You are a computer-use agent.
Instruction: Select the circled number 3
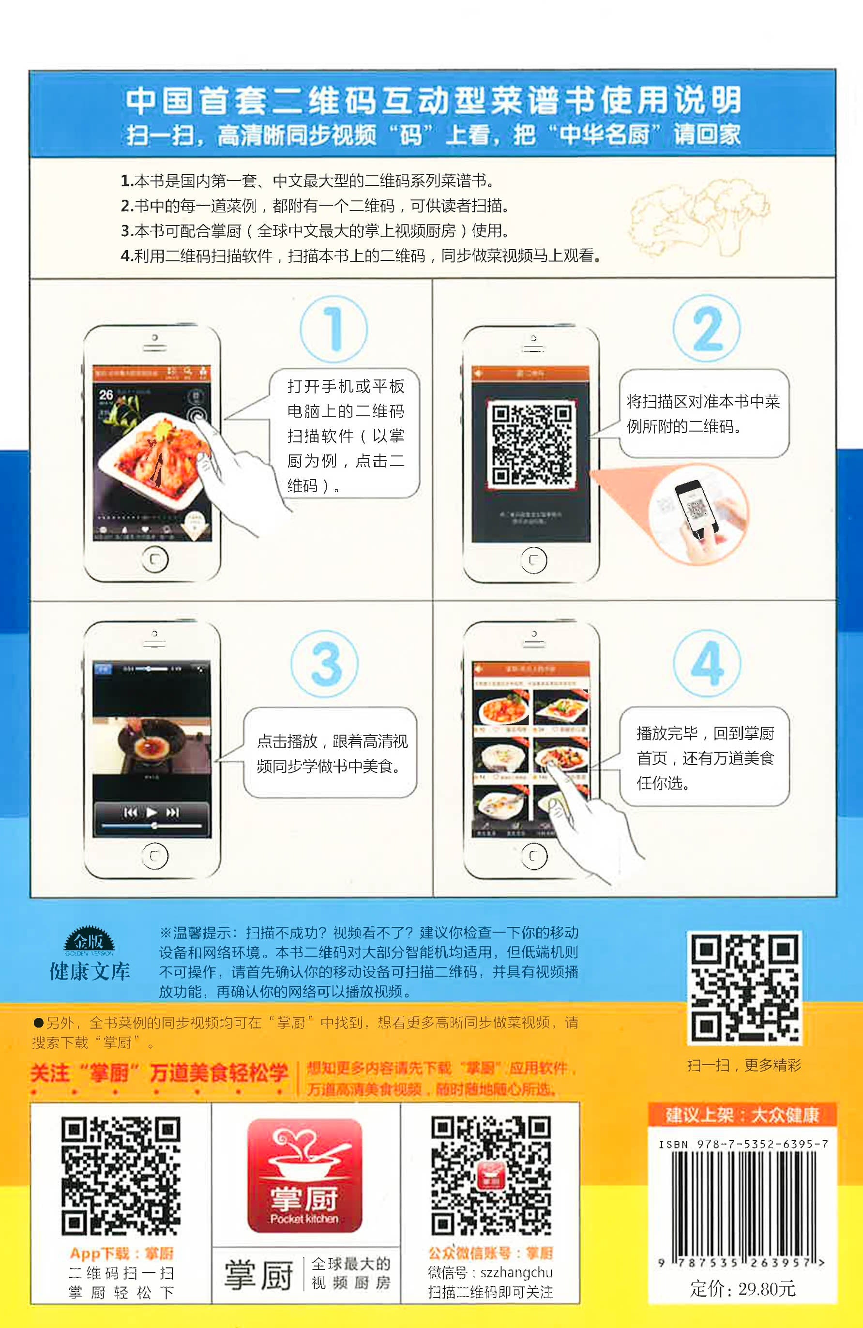[325, 664]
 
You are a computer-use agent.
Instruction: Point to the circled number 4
[707, 663]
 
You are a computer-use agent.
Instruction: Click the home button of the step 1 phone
[154, 559]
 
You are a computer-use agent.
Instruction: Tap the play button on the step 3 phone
[151, 813]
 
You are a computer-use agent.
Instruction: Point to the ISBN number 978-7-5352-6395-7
[743, 1145]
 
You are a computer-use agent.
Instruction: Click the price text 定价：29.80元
[743, 1289]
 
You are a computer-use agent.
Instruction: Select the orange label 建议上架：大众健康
[742, 1116]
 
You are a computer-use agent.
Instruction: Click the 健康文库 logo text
[90, 971]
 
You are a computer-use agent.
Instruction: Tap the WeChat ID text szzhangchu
[516, 1272]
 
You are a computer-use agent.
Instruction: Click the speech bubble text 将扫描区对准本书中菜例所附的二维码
[703, 413]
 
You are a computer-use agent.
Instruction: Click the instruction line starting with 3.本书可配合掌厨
[314, 230]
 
